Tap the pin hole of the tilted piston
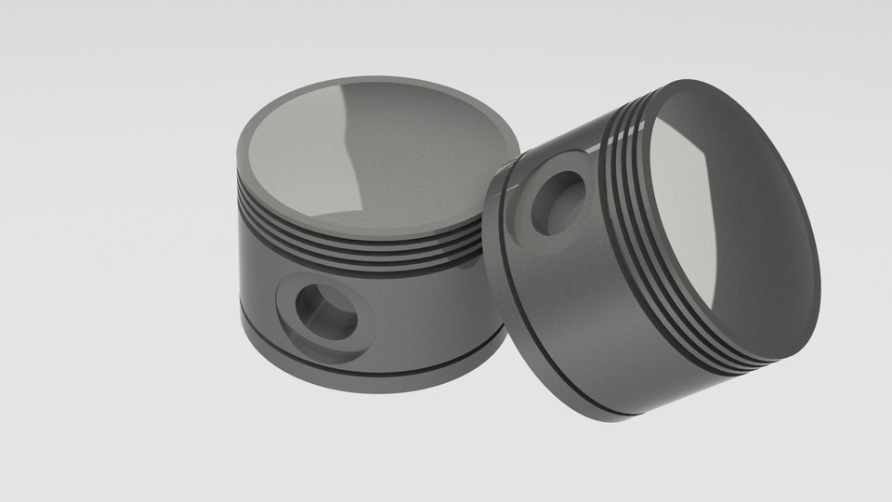[x=559, y=201]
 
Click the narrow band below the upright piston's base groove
[x=372, y=379]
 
